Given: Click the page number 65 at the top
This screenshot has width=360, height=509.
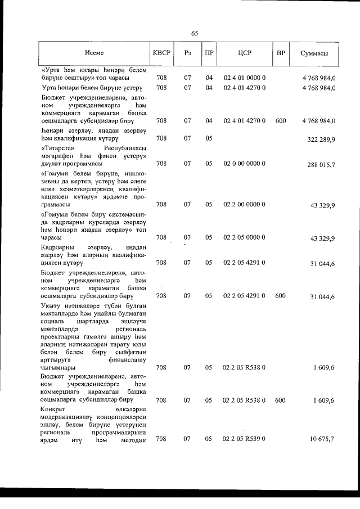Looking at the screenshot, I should [x=195, y=33].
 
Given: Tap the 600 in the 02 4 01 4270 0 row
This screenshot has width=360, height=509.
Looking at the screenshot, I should [x=280, y=120].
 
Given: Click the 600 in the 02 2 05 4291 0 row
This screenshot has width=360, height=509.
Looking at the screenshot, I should [x=280, y=295].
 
